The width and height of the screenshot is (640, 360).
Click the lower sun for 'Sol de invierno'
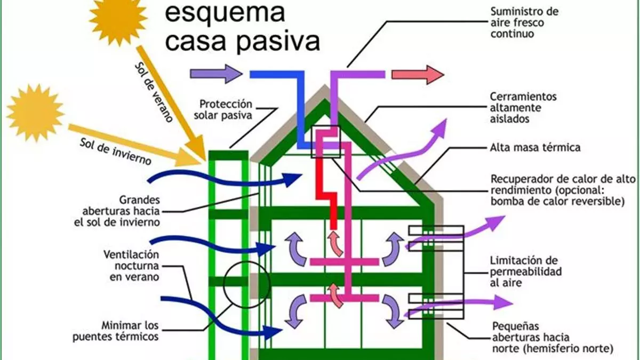click(35, 113)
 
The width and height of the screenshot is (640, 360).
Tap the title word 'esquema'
click(225, 12)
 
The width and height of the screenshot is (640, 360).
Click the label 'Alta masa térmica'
click(535, 147)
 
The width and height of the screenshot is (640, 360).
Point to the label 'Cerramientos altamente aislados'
click(523, 108)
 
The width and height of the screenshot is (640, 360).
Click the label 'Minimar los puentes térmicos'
click(130, 331)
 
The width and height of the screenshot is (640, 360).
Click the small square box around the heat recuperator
click(325, 141)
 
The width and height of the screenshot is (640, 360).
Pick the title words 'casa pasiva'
click(243, 41)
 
